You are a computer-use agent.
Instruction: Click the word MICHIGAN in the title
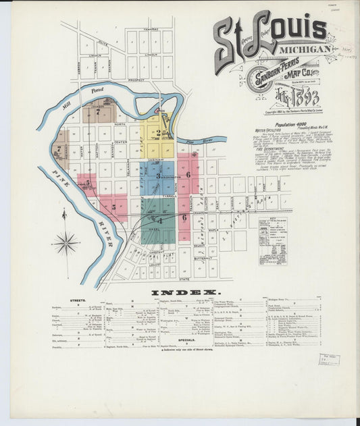(x=307, y=49)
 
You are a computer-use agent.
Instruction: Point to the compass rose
(x=66, y=242)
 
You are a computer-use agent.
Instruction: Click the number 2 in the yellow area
(x=158, y=133)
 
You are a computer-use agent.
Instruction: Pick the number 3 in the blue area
(x=158, y=176)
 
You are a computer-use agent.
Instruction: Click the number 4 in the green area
(x=160, y=219)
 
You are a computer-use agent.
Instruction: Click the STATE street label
(x=184, y=278)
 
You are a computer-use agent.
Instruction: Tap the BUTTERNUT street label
(x=202, y=258)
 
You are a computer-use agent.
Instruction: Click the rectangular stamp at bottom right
(x=329, y=359)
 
